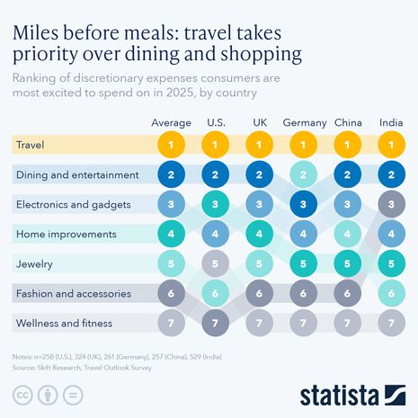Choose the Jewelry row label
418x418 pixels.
click(x=35, y=263)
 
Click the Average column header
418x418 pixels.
click(x=171, y=122)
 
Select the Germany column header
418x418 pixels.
click(x=305, y=122)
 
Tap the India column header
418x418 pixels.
click(x=391, y=122)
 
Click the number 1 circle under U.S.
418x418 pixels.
click(x=215, y=145)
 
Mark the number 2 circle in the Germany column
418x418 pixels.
click(x=304, y=174)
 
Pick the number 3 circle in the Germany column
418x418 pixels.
click(x=304, y=204)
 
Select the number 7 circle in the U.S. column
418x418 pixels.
click(x=215, y=323)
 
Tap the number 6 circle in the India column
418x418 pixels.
click(x=391, y=293)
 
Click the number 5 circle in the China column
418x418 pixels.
click(x=348, y=263)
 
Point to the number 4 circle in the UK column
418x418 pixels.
click(x=260, y=234)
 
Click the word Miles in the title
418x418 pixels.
click(x=40, y=33)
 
